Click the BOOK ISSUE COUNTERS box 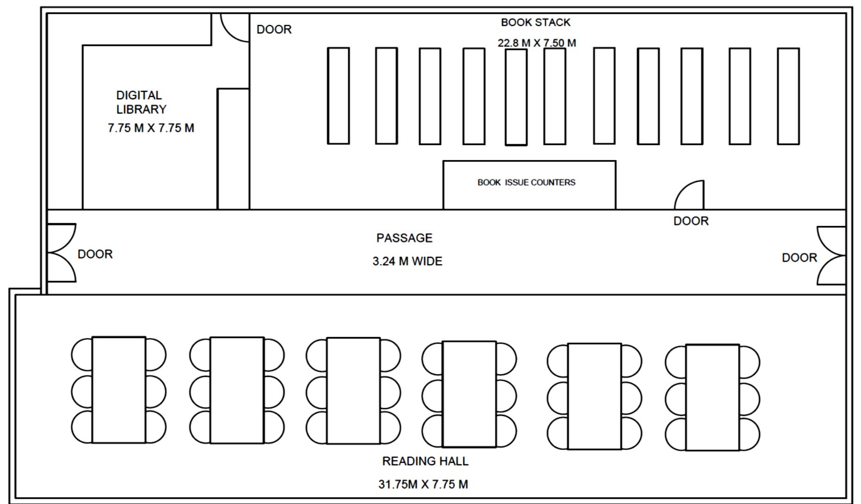pyautogui.click(x=529, y=185)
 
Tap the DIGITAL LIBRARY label pyautogui.click(x=141, y=102)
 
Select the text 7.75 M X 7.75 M pyautogui.click(x=151, y=128)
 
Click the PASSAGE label pyautogui.click(x=404, y=238)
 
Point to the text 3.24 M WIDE pyautogui.click(x=407, y=261)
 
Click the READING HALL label pyautogui.click(x=425, y=461)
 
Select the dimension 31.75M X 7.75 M pyautogui.click(x=423, y=484)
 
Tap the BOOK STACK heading pyautogui.click(x=535, y=22)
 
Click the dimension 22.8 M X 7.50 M pyautogui.click(x=537, y=43)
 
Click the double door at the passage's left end pyautogui.click(x=61, y=253)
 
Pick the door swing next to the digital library pyautogui.click(x=234, y=28)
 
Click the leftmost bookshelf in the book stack pyautogui.click(x=338, y=96)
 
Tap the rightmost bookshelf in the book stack pyautogui.click(x=788, y=96)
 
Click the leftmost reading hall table pyautogui.click(x=119, y=390)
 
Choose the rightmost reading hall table pyautogui.click(x=712, y=397)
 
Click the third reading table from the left pyautogui.click(x=353, y=390)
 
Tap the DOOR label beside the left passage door pyautogui.click(x=95, y=254)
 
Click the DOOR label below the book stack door pyautogui.click(x=691, y=221)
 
